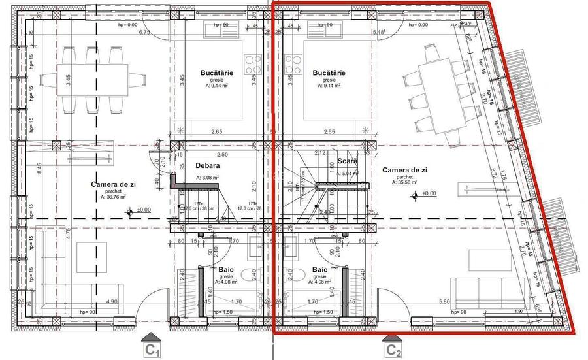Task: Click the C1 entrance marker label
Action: (x=153, y=351)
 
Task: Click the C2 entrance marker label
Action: (x=393, y=351)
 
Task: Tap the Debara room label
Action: (x=207, y=166)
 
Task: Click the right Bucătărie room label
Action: (x=329, y=73)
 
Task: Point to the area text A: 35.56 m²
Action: (x=405, y=183)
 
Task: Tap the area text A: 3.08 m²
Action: (x=208, y=178)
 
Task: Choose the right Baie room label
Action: (x=320, y=270)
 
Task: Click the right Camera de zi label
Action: (x=405, y=170)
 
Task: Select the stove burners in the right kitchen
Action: (x=294, y=63)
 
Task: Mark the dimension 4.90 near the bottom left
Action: (x=112, y=302)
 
